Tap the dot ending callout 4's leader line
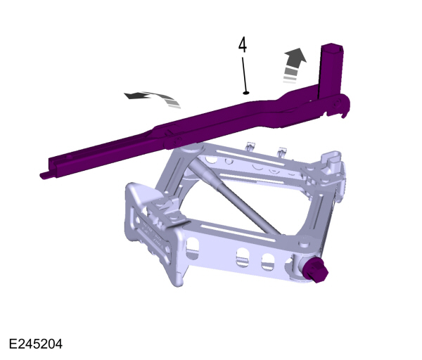click(245, 92)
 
